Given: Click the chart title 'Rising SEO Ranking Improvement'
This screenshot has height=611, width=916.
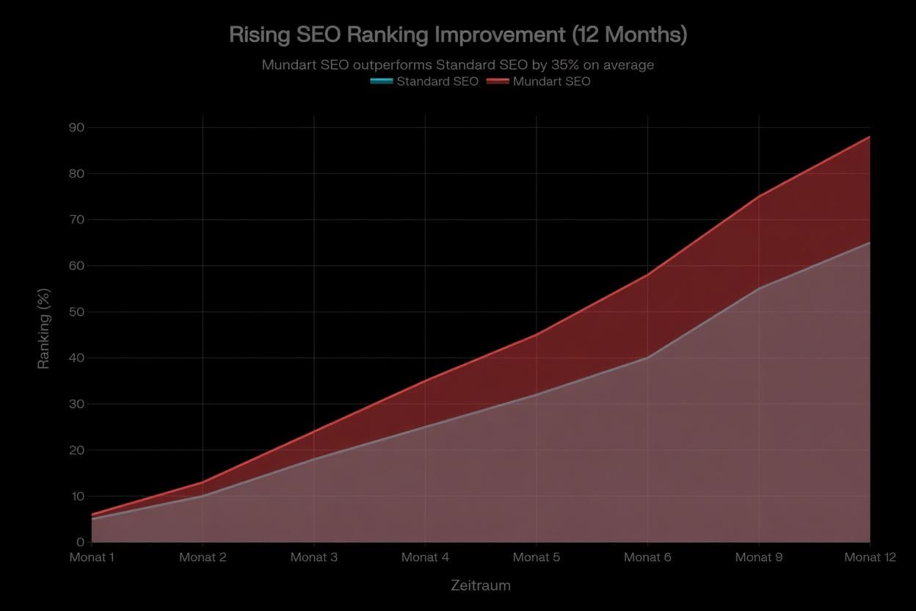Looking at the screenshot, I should point(458,35).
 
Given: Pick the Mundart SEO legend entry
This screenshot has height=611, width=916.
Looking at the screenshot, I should point(539,82).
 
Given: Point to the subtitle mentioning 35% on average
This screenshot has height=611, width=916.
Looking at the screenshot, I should point(458,65).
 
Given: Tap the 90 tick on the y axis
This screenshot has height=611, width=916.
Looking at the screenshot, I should point(76,128).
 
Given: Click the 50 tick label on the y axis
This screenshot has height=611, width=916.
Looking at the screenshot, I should point(76,312).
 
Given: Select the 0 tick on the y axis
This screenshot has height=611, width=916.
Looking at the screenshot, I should point(80,542).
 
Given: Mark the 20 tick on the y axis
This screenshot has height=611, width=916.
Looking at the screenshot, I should point(76,450).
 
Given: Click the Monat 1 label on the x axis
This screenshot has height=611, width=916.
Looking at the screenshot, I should point(92,557).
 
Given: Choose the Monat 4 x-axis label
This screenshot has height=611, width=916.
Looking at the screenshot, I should point(425,557).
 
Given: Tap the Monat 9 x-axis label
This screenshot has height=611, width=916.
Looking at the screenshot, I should point(758,557).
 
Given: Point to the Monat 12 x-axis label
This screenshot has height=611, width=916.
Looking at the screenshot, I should point(870,557).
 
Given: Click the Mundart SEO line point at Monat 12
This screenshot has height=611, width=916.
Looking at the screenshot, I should point(870,137).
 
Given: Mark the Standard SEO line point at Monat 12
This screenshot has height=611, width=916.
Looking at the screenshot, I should point(870,242).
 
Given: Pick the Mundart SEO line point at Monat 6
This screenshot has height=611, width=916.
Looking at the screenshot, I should point(647,275).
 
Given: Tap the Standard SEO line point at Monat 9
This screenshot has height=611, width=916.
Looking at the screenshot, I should point(759,289).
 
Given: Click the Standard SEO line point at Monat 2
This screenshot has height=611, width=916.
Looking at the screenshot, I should point(203,496).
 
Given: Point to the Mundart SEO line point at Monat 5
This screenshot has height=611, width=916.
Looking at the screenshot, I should point(537,335).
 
